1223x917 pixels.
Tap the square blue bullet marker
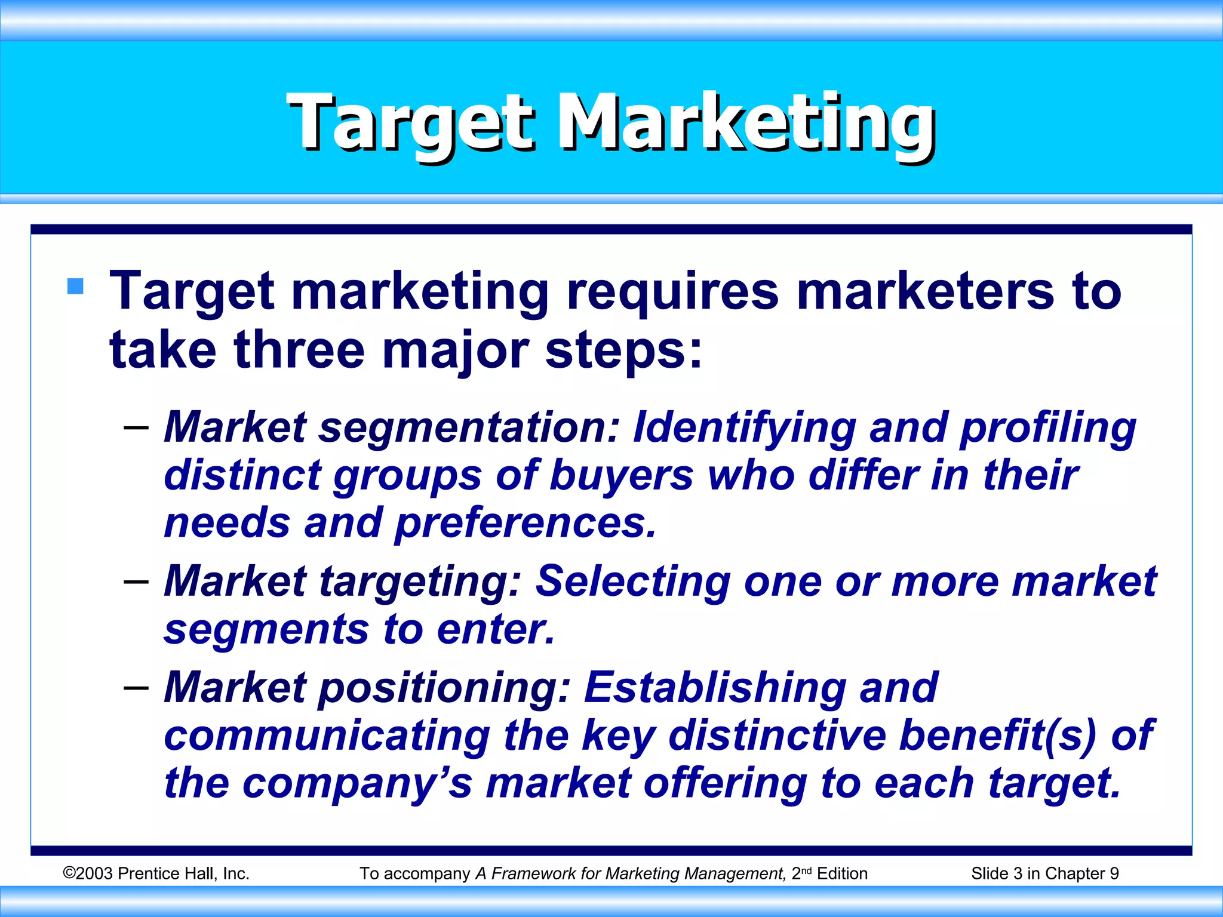tap(76, 287)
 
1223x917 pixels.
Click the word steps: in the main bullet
tap(623, 351)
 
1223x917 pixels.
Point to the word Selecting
tap(633, 581)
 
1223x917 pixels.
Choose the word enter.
tap(496, 630)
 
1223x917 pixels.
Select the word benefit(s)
tap(997, 736)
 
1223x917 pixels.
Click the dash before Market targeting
tap(136, 581)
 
